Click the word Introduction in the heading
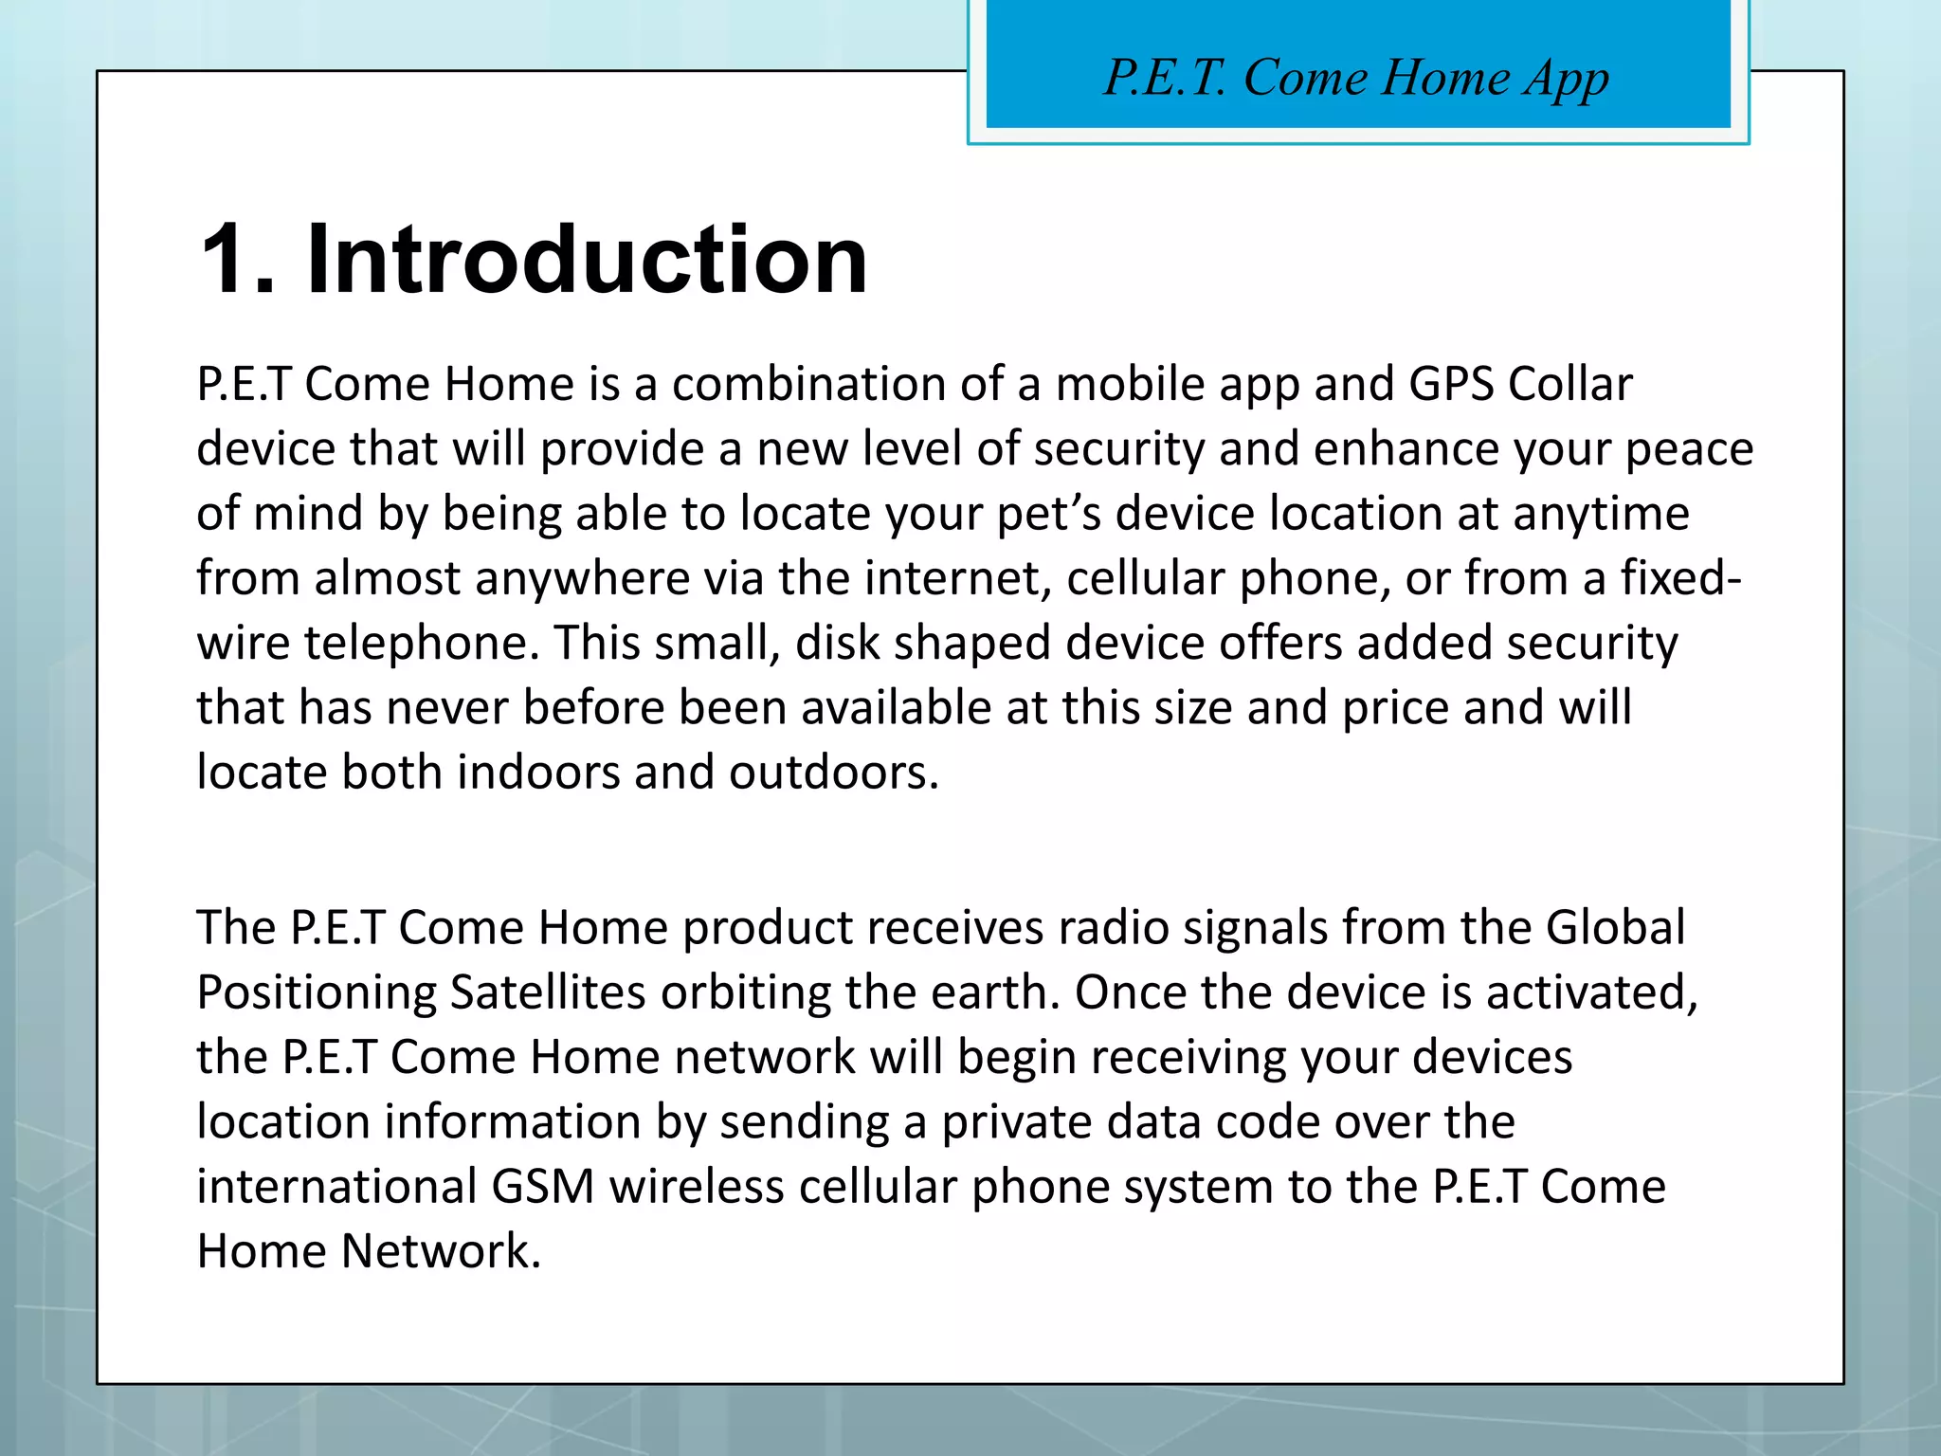587,260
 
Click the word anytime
1601,514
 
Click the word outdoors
833,773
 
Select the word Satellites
548,992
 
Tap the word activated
1591,992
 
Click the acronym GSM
543,1187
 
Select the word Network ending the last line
441,1251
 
